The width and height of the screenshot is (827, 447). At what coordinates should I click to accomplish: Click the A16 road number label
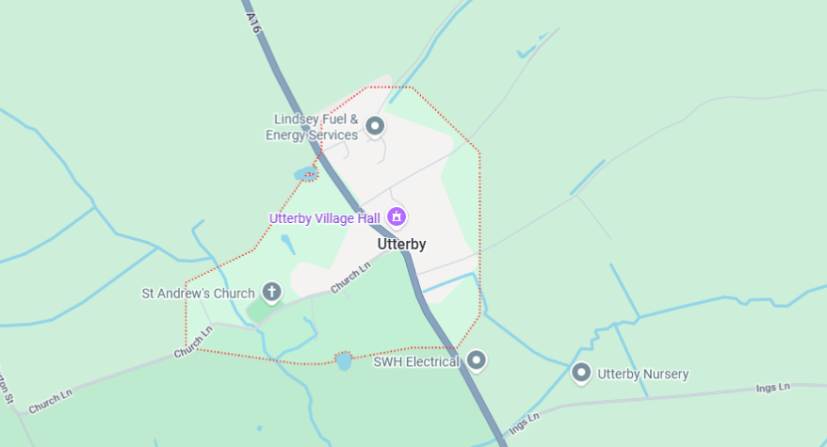pyautogui.click(x=252, y=23)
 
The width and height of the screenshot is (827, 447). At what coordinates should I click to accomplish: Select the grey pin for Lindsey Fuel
pyautogui.click(x=375, y=125)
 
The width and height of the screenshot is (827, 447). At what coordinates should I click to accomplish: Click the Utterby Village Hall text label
pyautogui.click(x=325, y=218)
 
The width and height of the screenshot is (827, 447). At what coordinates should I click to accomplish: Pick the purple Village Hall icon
pyautogui.click(x=397, y=217)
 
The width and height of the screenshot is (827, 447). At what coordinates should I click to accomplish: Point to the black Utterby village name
pyautogui.click(x=401, y=245)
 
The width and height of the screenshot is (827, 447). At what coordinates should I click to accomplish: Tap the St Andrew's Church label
pyautogui.click(x=198, y=294)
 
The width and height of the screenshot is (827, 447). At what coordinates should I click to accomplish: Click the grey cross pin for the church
pyautogui.click(x=272, y=292)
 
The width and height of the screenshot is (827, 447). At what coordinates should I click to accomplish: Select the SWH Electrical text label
pyautogui.click(x=415, y=361)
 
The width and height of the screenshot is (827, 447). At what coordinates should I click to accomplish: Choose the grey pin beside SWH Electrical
pyautogui.click(x=477, y=359)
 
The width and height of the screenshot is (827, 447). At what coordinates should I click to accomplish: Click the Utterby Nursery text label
pyautogui.click(x=643, y=375)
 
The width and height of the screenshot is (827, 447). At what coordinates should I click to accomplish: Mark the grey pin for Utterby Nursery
pyautogui.click(x=581, y=373)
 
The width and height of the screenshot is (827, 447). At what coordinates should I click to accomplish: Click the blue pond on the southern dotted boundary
pyautogui.click(x=344, y=361)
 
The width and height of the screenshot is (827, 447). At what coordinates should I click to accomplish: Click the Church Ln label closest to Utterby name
pyautogui.click(x=349, y=277)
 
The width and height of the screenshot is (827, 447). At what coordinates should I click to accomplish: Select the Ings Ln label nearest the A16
pyautogui.click(x=523, y=423)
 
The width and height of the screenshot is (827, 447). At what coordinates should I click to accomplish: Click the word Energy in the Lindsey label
pyautogui.click(x=286, y=136)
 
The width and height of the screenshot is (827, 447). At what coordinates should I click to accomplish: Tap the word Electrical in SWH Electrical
pyautogui.click(x=431, y=361)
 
